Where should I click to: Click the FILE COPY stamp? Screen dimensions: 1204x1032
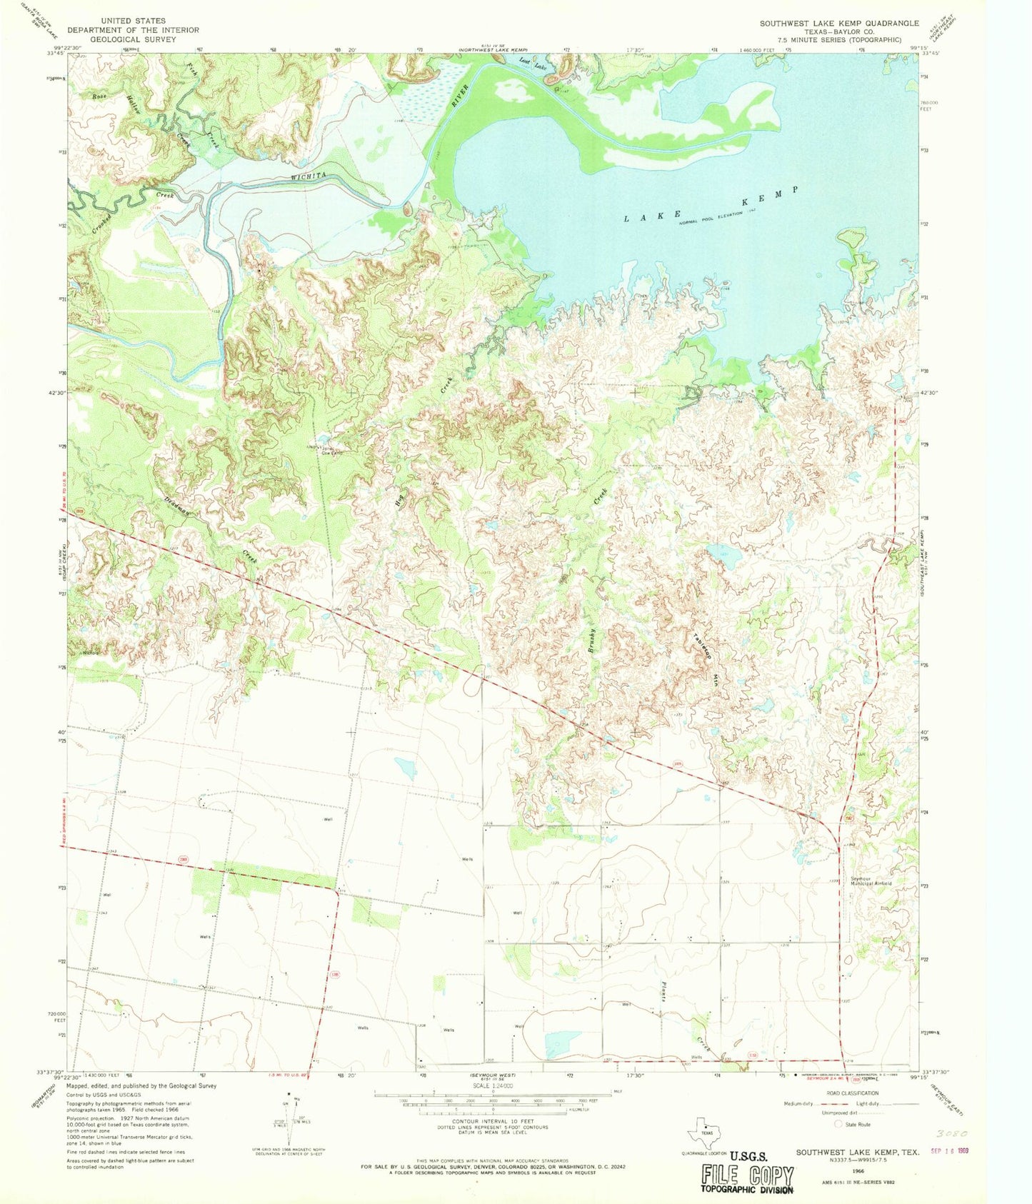747,1176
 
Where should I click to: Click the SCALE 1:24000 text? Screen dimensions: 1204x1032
492,1085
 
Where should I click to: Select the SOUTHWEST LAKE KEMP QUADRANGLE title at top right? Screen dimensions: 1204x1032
839,23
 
